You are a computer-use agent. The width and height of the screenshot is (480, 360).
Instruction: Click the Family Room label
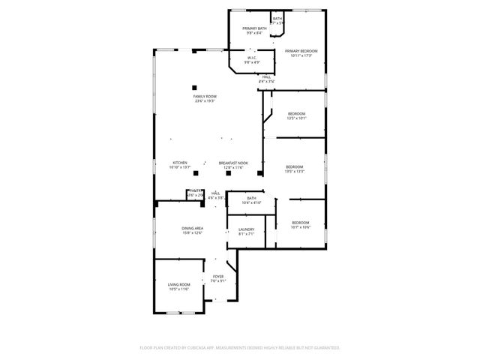204,97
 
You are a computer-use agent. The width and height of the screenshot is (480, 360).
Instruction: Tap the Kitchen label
179,163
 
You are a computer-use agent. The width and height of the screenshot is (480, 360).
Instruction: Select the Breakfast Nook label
233,163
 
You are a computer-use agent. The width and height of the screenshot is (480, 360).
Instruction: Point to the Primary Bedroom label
301,52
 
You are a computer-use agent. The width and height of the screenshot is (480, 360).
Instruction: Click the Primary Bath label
254,28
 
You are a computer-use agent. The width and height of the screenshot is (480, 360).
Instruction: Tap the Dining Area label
192,228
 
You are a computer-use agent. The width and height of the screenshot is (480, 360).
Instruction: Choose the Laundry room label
247,229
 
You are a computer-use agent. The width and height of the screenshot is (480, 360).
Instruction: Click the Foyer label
218,277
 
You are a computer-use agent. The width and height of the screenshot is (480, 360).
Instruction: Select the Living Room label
178,284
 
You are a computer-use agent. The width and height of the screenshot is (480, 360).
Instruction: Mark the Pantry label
195,192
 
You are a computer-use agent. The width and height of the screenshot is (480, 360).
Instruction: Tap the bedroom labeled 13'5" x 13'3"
294,166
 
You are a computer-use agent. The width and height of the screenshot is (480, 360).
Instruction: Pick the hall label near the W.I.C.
266,76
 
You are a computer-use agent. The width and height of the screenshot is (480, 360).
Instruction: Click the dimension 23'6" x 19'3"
204,101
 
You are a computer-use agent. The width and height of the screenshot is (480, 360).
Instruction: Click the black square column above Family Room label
193,86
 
